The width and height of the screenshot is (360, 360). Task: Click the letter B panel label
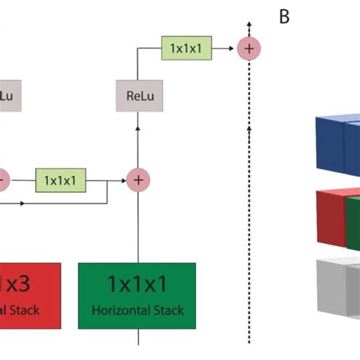[x=284, y=16]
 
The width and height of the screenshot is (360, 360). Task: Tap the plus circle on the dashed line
[x=249, y=48]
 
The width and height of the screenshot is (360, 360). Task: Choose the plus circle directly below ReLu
[x=137, y=180]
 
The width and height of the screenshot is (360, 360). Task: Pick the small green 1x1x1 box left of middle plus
[x=61, y=181]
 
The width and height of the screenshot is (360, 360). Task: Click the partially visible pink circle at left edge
[x=3, y=180]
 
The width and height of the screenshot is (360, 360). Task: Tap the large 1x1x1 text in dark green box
[x=137, y=286]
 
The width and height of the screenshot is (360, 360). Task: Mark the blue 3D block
[x=336, y=145]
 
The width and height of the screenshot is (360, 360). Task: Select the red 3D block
[x=329, y=219]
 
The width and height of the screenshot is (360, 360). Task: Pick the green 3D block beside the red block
[x=352, y=222]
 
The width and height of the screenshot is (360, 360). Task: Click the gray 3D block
[x=336, y=286]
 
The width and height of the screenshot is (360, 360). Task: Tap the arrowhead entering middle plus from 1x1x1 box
[x=125, y=181]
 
